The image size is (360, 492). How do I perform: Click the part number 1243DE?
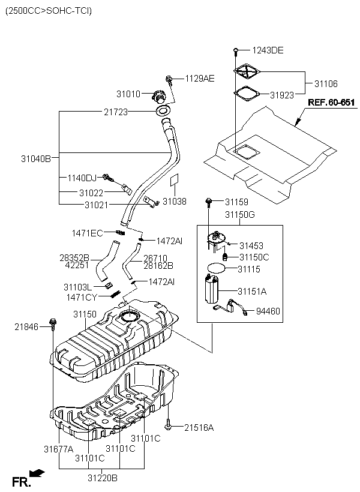pyautogui.click(x=268, y=50)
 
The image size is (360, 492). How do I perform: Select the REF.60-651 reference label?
pyautogui.click(x=331, y=103)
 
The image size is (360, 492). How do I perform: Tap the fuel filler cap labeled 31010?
pyautogui.click(x=159, y=96)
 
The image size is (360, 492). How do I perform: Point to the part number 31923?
pyautogui.click(x=282, y=95)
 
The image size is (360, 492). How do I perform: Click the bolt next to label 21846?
pyautogui.click(x=53, y=324)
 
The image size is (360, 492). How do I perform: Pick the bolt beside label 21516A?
pyautogui.click(x=168, y=425)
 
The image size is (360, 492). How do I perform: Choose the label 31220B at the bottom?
pyautogui.click(x=103, y=478)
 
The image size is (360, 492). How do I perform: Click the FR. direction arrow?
pyautogui.click(x=37, y=473)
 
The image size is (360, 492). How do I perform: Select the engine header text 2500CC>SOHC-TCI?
pyautogui.click(x=49, y=11)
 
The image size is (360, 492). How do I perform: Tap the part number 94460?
pyautogui.click(x=268, y=311)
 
